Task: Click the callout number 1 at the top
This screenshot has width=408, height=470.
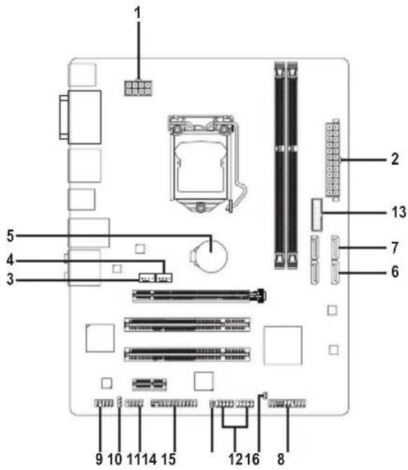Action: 138,13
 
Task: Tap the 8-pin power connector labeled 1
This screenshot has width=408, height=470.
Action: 138,88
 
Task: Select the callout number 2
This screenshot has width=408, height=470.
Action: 395,159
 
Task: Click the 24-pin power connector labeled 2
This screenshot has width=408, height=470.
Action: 332,161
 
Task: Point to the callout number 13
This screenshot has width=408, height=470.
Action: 399,212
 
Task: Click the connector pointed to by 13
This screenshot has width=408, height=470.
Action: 317,215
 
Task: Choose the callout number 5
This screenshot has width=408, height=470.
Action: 11,235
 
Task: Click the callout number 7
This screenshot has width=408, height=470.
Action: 395,247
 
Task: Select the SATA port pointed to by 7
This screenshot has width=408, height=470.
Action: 335,247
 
